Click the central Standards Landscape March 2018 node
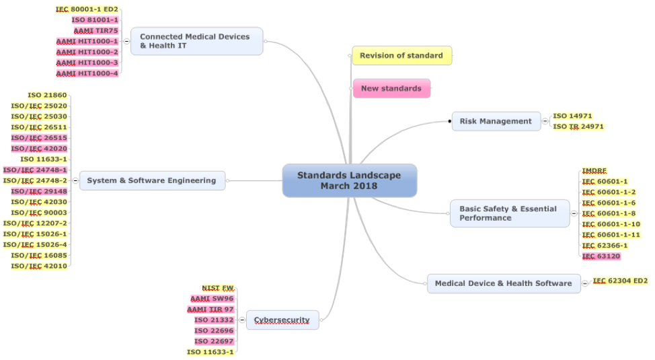click(349, 180)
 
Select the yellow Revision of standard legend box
click(401, 55)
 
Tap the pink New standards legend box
click(391, 88)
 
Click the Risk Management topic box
click(496, 121)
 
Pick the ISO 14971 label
click(572, 116)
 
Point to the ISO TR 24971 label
click(578, 127)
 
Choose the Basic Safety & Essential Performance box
click(509, 213)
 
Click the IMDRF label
click(595, 171)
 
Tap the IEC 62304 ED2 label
click(619, 281)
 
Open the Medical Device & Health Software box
click(503, 283)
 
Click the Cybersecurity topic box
click(282, 320)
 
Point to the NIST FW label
click(218, 288)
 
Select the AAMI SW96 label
click(212, 299)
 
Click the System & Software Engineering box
click(151, 180)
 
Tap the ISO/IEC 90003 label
click(38, 213)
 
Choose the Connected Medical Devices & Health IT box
click(195, 41)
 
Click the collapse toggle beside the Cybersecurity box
click(242, 320)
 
